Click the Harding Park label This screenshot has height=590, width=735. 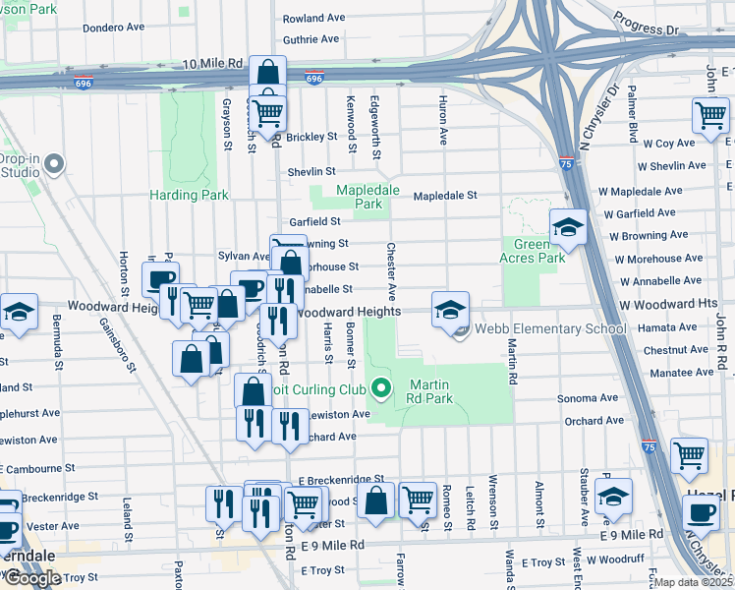(189, 195)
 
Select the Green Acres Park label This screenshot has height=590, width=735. (538, 251)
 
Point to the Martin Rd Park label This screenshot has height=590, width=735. (431, 391)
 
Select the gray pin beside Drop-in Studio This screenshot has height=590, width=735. (54, 164)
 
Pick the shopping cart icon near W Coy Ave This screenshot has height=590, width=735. (709, 114)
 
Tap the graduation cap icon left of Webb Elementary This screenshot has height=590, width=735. (450, 310)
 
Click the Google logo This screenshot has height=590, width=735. (31, 578)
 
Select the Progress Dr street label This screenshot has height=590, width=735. (646, 24)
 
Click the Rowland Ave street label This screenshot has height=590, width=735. (313, 18)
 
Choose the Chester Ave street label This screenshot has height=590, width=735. (391, 271)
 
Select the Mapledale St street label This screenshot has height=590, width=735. (444, 196)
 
